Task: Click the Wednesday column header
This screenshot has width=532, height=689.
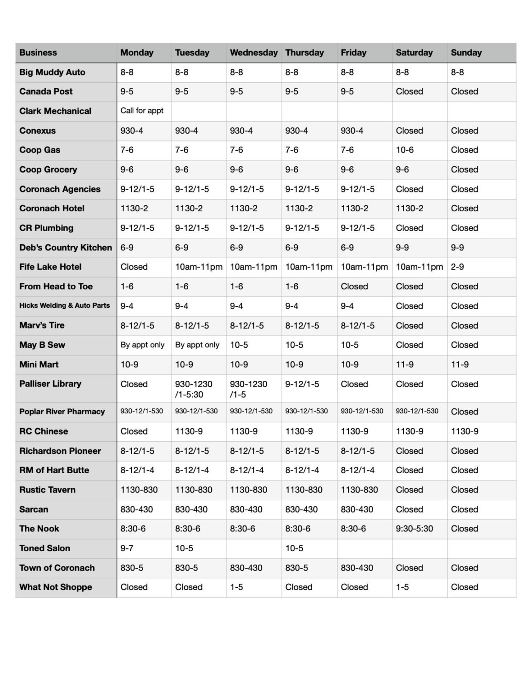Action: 253,53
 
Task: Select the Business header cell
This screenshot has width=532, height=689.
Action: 39,53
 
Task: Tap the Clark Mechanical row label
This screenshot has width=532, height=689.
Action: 56,111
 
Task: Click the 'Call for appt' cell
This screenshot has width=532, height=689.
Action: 142,111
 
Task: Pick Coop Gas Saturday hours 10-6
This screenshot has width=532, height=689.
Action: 405,150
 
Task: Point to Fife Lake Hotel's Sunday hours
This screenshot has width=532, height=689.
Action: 458,267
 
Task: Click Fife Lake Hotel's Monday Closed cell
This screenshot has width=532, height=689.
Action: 134,267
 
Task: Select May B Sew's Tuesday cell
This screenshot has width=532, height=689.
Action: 197,345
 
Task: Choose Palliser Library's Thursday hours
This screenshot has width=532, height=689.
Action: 302,384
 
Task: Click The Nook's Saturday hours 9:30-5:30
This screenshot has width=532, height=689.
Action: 414,529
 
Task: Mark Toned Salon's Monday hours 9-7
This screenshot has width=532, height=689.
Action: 127,548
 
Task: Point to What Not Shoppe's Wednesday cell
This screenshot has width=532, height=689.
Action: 237,587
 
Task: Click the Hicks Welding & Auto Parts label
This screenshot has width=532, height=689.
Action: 65,305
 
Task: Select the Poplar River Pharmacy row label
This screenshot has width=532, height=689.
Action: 62,412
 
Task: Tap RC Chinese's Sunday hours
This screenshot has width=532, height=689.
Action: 465,431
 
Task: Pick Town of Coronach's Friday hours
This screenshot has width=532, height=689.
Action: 357,568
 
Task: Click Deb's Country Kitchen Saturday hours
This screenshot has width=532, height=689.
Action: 403,248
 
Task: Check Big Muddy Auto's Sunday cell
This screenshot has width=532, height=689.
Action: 458,73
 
